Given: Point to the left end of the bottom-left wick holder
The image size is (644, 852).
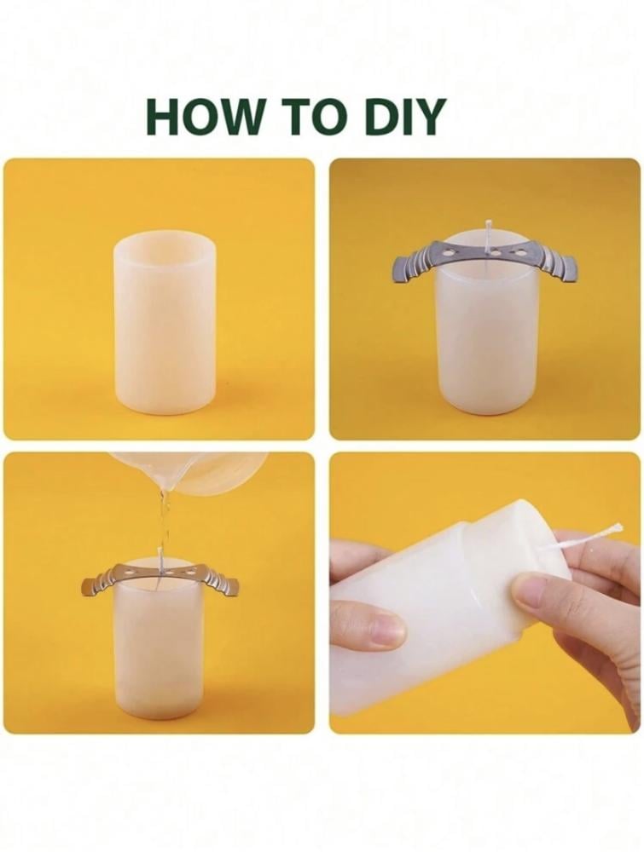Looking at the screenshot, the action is click(85, 587).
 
